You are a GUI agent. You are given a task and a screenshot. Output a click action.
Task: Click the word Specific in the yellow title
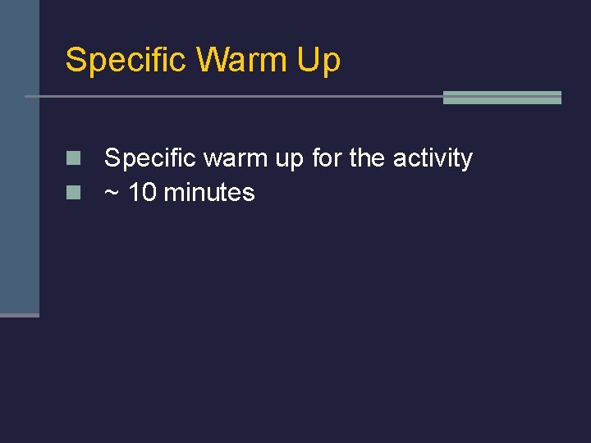[x=126, y=61]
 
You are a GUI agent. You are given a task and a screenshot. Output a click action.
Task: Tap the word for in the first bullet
[x=328, y=158]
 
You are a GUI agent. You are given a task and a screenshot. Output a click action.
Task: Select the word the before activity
[x=367, y=158]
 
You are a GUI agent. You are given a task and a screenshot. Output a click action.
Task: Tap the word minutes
[x=209, y=193]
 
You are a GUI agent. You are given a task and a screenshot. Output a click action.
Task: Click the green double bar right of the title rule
[x=502, y=98]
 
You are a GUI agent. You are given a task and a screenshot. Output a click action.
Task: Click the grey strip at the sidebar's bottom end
[x=19, y=315]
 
